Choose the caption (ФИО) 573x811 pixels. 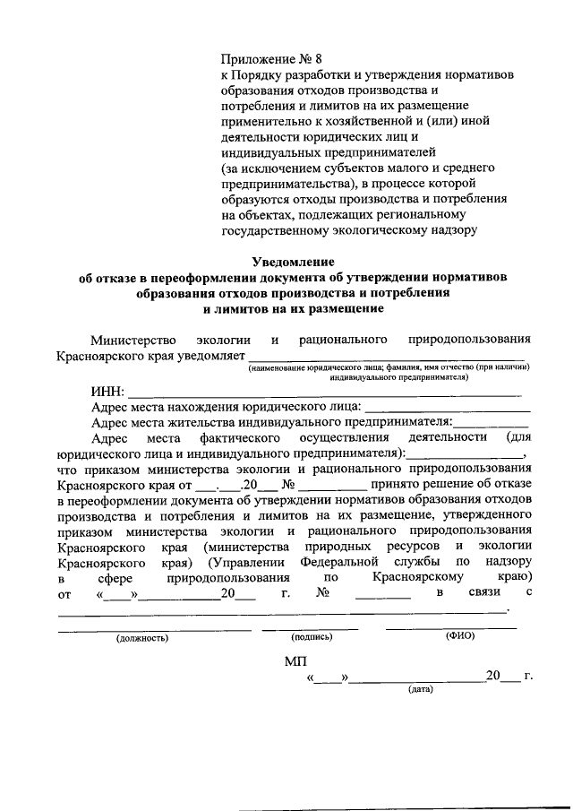[x=459, y=636]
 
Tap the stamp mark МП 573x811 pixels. [x=295, y=661]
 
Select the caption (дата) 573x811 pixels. [x=419, y=689]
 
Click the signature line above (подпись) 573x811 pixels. [x=310, y=628]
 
